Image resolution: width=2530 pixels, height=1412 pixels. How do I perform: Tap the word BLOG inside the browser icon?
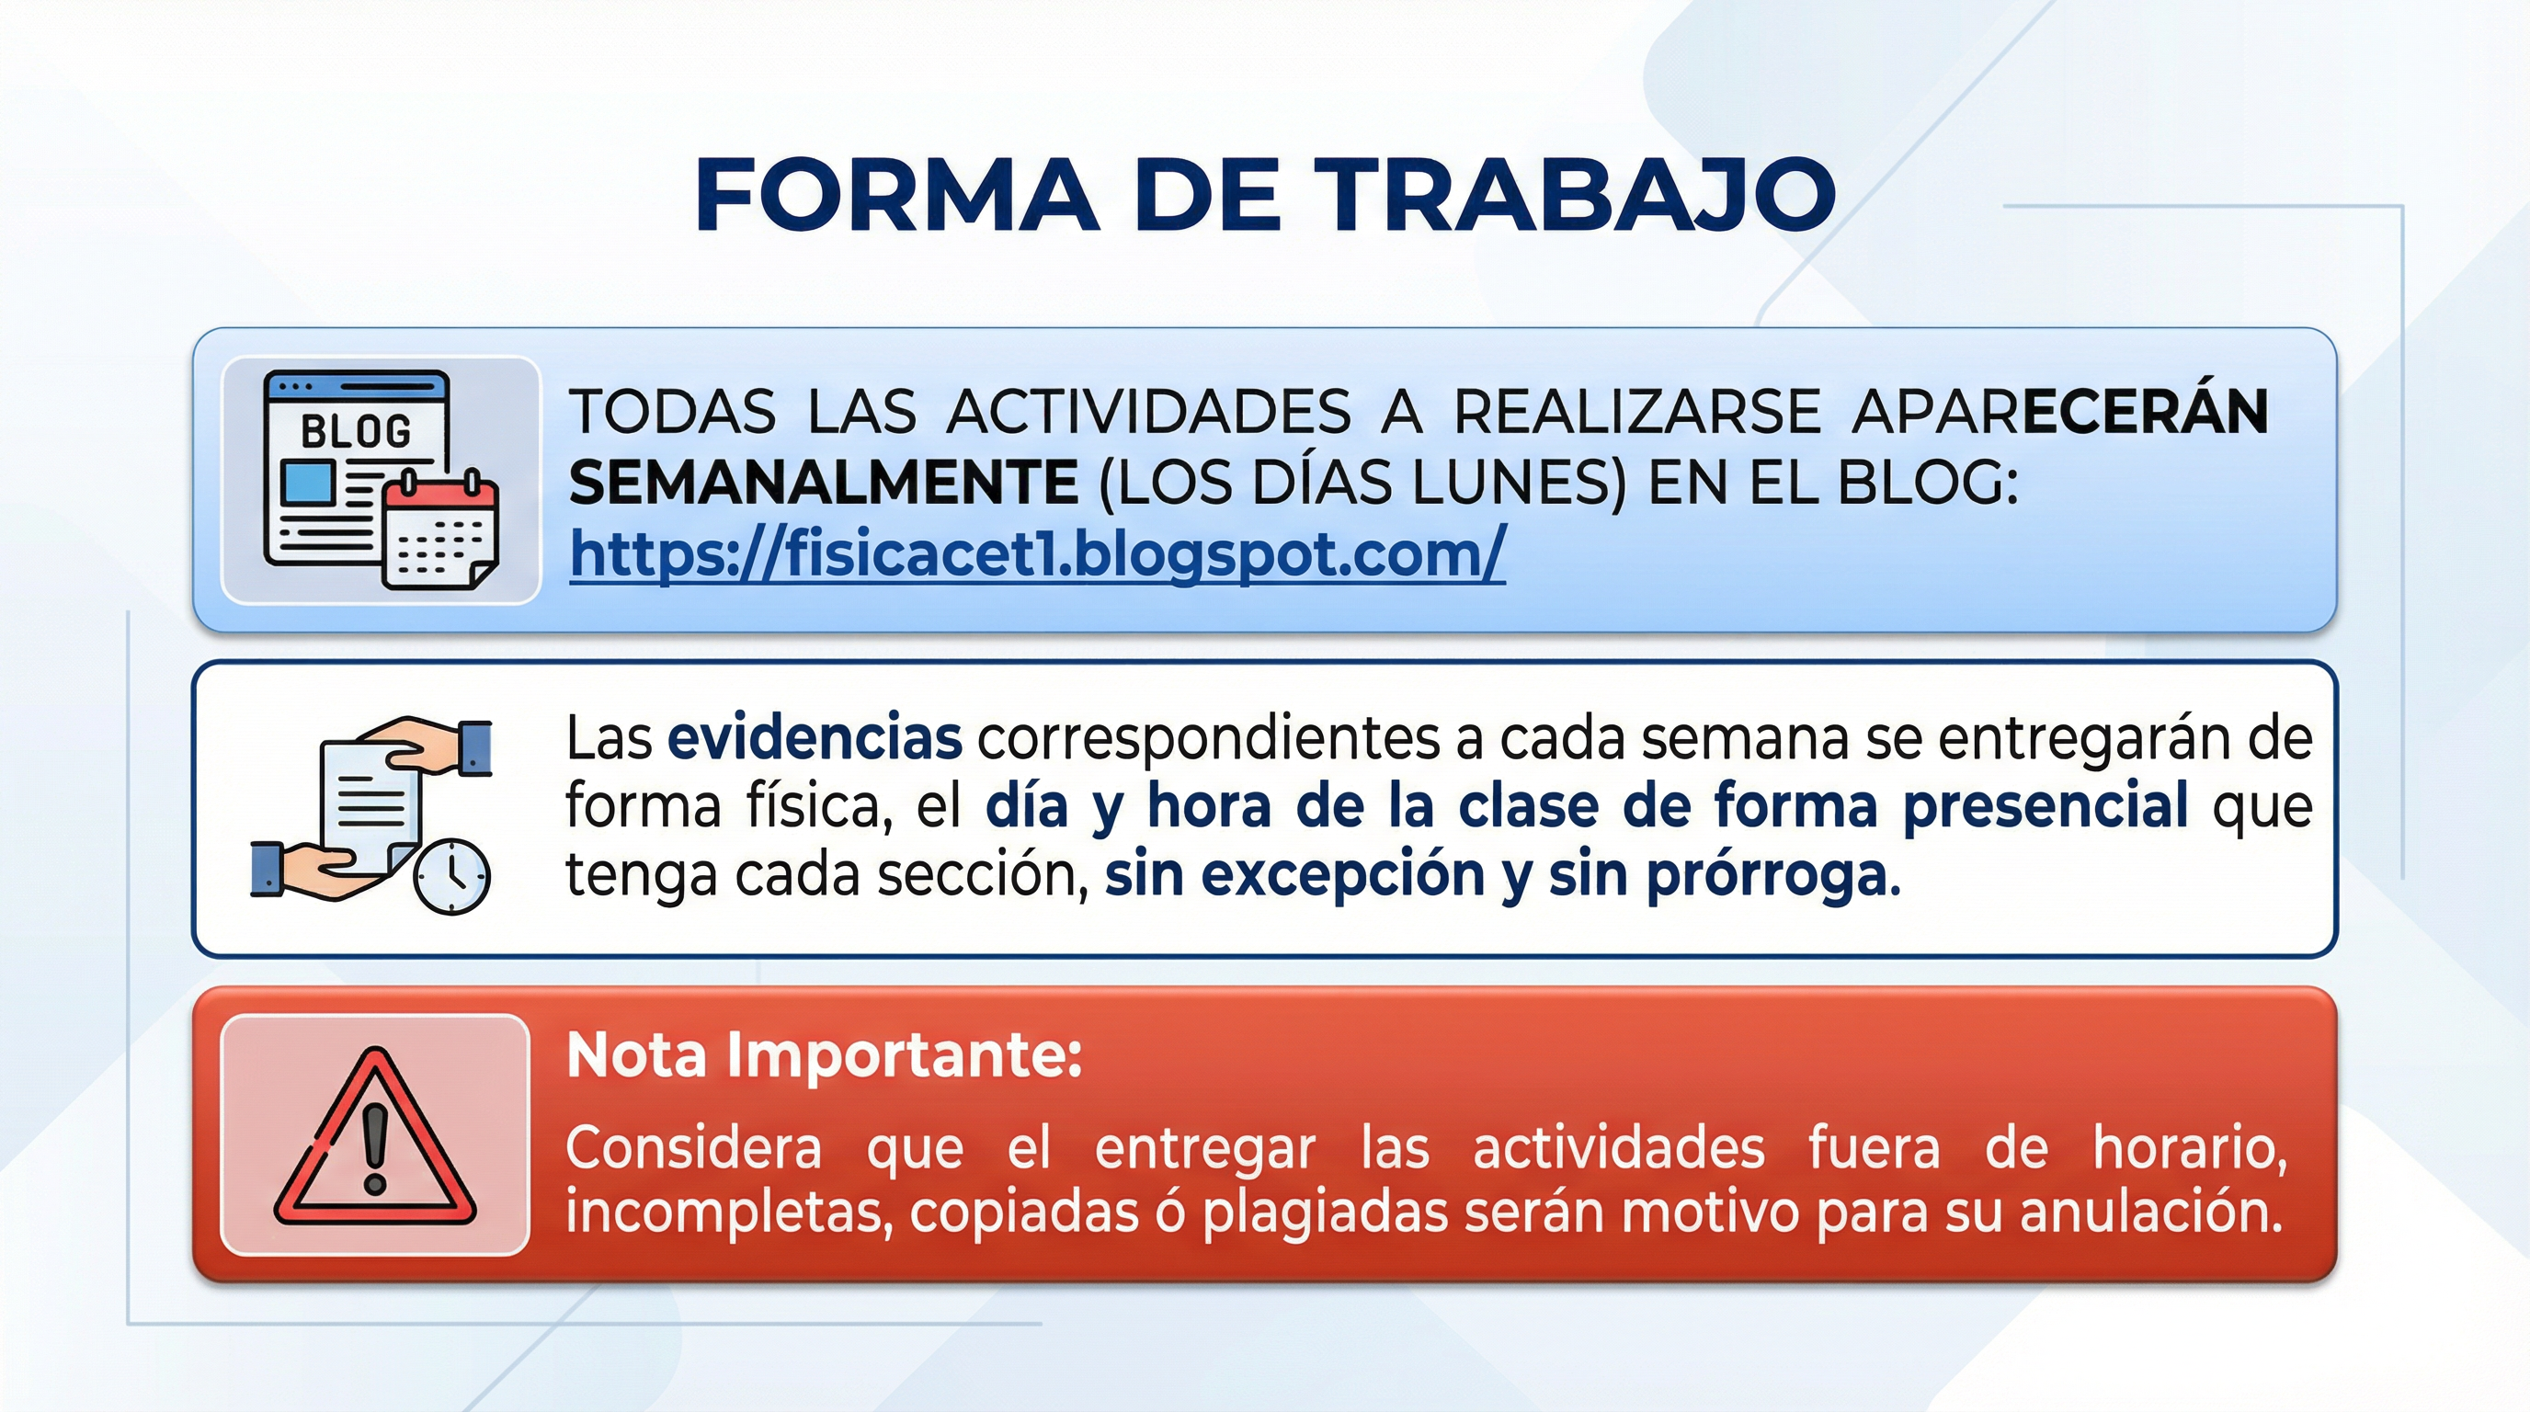356,431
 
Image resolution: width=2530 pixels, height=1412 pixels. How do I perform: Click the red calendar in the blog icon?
440,530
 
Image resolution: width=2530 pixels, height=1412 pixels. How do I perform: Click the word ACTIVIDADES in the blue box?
1149,412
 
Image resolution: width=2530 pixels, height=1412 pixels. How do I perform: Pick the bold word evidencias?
815,738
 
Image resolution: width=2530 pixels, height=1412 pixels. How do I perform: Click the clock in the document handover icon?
450,876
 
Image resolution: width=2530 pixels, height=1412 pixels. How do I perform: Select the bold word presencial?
2045,807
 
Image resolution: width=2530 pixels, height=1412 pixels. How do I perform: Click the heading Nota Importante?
824,1055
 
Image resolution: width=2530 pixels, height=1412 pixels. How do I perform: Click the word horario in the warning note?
2189,1148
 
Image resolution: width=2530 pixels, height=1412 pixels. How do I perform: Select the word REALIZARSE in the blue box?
1636,412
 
